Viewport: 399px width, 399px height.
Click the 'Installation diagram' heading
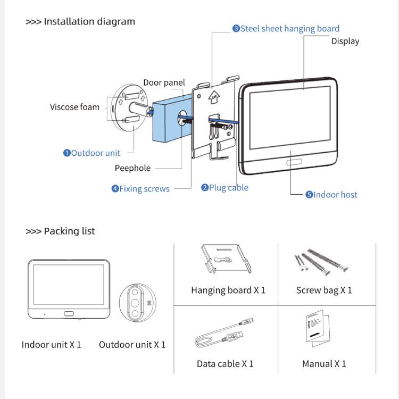tap(80, 22)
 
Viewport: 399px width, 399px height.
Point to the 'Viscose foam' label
tap(74, 107)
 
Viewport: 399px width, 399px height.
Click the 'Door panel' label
tap(164, 82)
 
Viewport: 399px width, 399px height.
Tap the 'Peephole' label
tap(132, 168)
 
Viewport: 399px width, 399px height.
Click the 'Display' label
tap(345, 41)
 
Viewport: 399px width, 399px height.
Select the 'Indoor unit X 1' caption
tap(52, 345)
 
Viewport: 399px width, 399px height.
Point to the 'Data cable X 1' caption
tap(225, 364)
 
